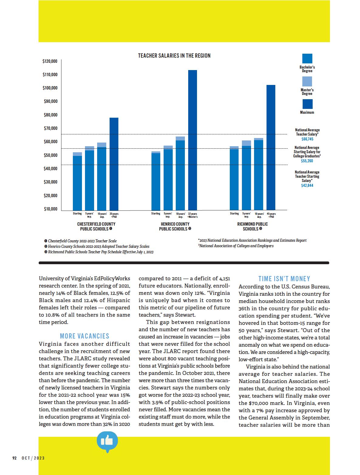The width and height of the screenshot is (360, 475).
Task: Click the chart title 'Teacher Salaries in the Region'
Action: [x=174, y=56]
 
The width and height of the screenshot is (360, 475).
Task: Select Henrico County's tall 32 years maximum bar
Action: [x=192, y=140]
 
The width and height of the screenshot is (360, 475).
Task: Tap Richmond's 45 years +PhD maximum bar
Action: [x=271, y=147]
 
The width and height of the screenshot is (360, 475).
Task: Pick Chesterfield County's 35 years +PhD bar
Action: [x=114, y=164]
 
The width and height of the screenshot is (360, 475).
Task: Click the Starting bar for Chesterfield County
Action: [x=77, y=182]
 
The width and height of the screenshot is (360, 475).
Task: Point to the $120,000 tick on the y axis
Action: [x=50, y=61]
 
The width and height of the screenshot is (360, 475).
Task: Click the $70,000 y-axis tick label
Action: [x=50, y=128]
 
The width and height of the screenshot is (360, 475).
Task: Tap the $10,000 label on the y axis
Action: [x=50, y=209]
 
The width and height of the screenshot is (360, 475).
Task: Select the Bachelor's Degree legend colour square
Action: [x=307, y=59]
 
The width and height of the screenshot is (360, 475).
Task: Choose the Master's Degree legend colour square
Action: [x=307, y=81]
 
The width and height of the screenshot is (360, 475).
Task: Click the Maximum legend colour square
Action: [x=307, y=104]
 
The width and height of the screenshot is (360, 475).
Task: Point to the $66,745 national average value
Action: [x=307, y=139]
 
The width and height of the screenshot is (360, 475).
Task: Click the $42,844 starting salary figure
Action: [x=307, y=185]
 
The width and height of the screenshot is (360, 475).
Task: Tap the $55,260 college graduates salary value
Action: [x=307, y=161]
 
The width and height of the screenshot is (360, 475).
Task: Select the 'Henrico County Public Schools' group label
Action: [x=175, y=226]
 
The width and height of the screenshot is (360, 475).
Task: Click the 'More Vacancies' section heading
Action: [x=84, y=336]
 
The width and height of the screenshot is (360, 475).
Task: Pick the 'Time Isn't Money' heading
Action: [x=284, y=279]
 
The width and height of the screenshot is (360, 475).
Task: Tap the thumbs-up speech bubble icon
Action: [x=107, y=442]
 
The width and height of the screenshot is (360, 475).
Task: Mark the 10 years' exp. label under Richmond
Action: [x=259, y=215]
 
